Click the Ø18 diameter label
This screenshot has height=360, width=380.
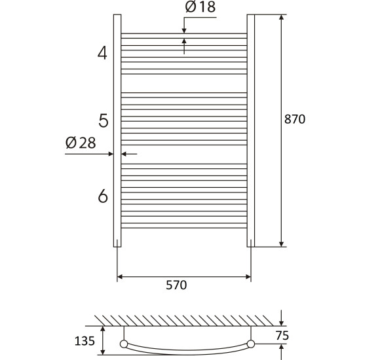click(200, 7)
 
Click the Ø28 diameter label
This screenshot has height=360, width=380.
click(81, 143)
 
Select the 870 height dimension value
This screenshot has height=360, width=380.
click(295, 119)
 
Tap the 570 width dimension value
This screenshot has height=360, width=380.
click(176, 285)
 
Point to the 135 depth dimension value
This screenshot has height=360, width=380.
click(85, 341)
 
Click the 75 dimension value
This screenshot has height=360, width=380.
click(282, 336)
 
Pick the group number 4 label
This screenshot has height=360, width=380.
click(102, 53)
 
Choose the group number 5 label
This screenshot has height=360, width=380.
click(104, 121)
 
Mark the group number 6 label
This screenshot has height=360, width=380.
click(103, 196)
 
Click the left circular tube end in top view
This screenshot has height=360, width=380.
click(124, 344)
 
